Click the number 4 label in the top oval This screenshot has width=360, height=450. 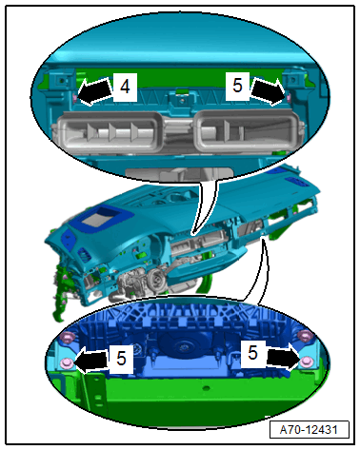click(125, 87)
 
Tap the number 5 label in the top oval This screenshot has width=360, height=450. click(237, 86)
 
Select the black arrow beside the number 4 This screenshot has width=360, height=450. click(95, 91)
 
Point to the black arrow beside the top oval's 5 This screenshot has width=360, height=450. click(268, 91)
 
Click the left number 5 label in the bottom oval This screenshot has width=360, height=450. click(121, 359)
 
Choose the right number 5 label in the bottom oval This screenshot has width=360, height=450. click(252, 353)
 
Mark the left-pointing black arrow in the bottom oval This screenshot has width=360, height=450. click(91, 360)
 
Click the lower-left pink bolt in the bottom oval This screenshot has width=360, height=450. click(66, 362)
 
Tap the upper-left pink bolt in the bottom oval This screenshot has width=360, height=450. click(68, 337)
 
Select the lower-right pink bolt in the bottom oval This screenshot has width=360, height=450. click(306, 362)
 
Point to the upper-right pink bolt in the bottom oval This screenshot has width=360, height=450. click(305, 335)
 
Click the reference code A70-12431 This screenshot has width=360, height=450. click(309, 429)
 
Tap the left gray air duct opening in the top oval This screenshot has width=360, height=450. click(110, 130)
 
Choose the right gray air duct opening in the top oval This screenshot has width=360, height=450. click(250, 130)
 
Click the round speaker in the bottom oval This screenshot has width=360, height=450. click(184, 346)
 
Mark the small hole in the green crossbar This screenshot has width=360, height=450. click(206, 388)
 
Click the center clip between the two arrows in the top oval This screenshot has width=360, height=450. click(181, 100)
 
